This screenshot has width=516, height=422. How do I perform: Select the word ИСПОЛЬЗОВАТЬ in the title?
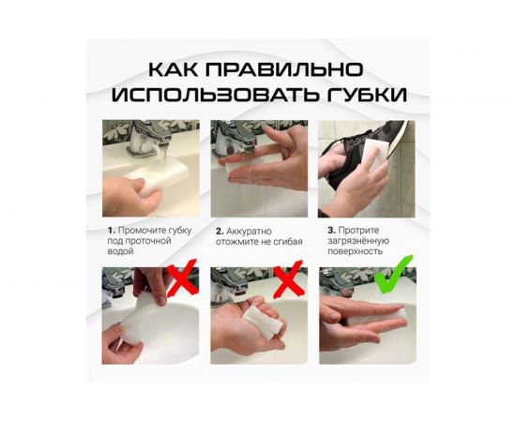click(x=216, y=95)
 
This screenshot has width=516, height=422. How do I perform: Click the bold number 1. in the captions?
click(x=111, y=229)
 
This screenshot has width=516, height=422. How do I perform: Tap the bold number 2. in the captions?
click(x=220, y=229)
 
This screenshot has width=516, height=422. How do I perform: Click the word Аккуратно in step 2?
click(x=250, y=229)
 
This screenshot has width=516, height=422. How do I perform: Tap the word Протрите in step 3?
click(x=357, y=229)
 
